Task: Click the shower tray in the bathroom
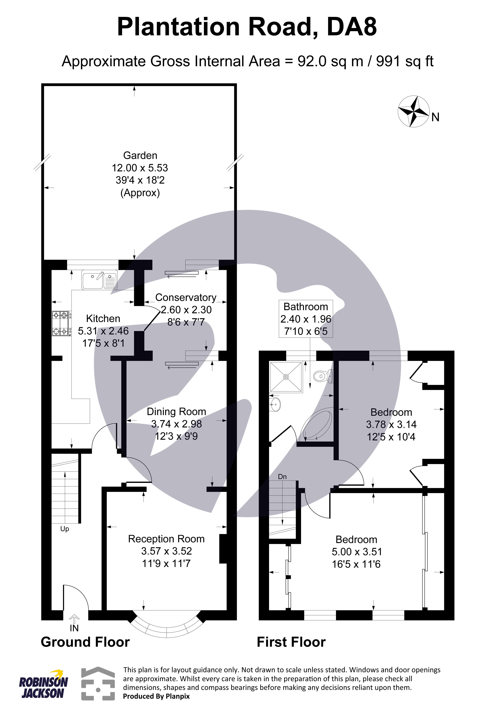coord(286,377)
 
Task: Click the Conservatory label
coord(186,297)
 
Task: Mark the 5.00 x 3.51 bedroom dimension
coord(357,552)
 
